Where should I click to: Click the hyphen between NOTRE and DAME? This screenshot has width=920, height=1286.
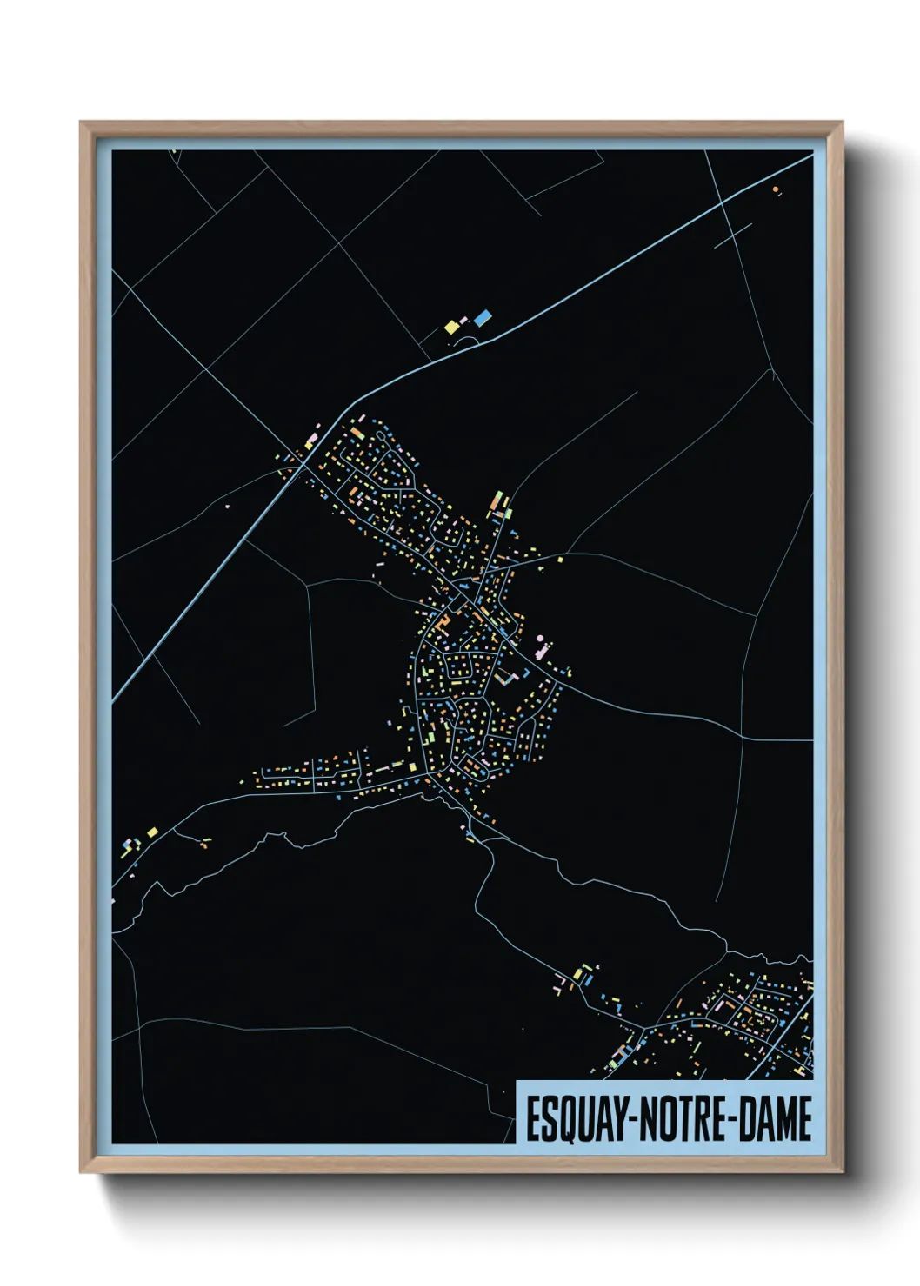[733, 1119]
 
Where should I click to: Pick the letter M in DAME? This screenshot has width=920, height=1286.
[785, 1119]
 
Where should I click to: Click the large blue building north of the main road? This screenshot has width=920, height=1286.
[482, 318]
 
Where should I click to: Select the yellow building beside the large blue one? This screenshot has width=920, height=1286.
[451, 327]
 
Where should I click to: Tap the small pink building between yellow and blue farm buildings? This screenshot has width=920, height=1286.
[465, 321]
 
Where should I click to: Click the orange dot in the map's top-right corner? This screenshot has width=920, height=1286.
[775, 189]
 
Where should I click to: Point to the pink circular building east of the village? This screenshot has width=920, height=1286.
[541, 640]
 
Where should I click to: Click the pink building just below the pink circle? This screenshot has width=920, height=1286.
[539, 650]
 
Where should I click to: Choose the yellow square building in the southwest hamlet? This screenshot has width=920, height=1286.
[153, 832]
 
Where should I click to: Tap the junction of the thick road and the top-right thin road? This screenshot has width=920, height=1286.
[722, 205]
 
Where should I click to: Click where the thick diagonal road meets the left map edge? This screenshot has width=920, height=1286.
[114, 700]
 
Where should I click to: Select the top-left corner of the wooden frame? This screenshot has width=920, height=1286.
[81, 123]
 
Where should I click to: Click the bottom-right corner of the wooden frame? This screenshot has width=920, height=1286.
[843, 1172]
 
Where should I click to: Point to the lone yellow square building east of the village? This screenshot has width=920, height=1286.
[560, 560]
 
